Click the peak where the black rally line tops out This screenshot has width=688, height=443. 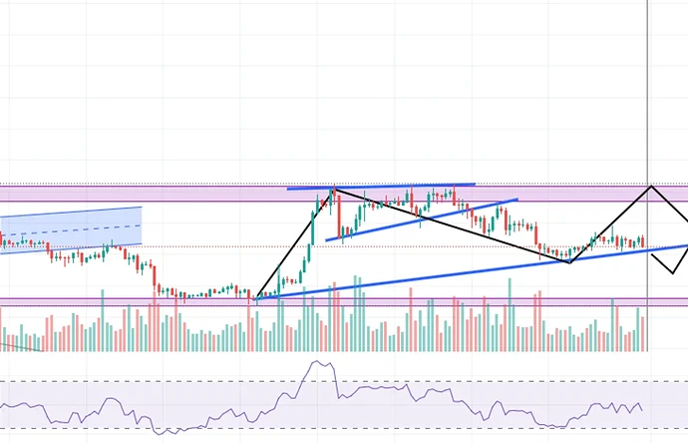pyautogui.click(x=332, y=189)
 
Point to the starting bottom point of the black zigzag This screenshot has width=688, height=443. pyautogui.click(x=256, y=298)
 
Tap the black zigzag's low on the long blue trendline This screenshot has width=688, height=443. pyautogui.click(x=569, y=262)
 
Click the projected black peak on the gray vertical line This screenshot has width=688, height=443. pyautogui.click(x=652, y=186)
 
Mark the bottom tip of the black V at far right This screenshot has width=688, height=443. pyautogui.click(x=666, y=271)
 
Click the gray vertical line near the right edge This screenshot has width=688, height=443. pyautogui.click(x=648, y=100)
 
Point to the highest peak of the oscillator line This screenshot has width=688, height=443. pyautogui.click(x=319, y=363)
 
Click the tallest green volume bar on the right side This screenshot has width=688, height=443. pyautogui.click(x=510, y=314)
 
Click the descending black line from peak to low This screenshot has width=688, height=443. pyautogui.click(x=449, y=224)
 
